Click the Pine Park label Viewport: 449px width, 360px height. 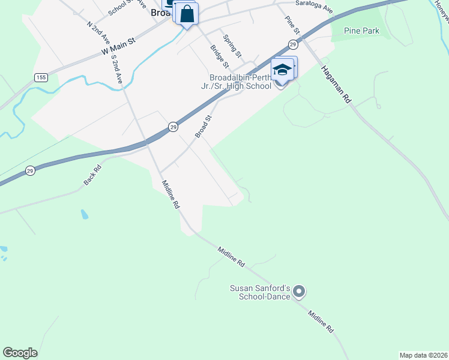[362, 31]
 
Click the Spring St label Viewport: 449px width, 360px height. [232, 46]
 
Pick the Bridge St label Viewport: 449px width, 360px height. [218, 56]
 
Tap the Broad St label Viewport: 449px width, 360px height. [204, 127]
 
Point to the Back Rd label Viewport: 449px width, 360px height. [92, 175]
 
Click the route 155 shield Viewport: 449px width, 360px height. [41, 77]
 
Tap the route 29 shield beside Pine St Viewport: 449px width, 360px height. [292, 44]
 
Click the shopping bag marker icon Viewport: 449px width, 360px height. [187, 14]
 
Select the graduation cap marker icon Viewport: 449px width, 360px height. [282, 70]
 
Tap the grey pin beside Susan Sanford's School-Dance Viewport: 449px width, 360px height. [299, 292]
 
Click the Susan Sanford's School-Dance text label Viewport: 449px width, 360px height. [260, 292]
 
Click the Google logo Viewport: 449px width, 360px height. [20, 353]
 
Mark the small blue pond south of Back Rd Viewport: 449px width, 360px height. [83, 214]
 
